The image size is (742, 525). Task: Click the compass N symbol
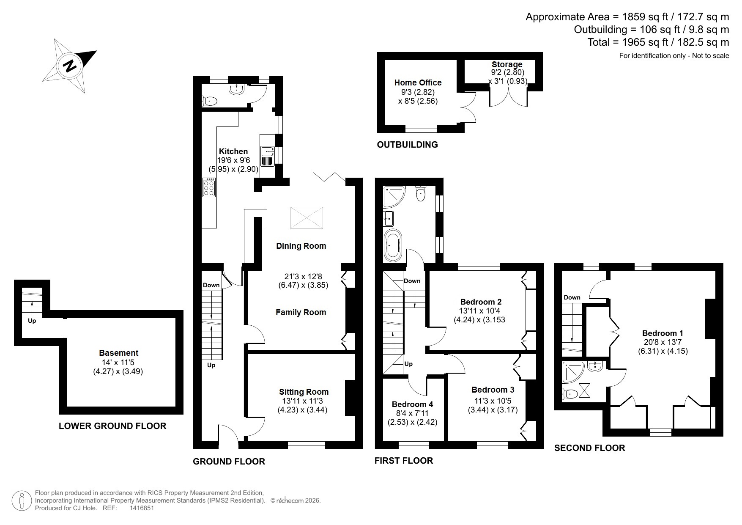pyautogui.click(x=70, y=66)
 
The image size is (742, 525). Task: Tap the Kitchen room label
pyautogui.click(x=233, y=151)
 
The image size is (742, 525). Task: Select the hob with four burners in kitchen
pyautogui.click(x=209, y=187)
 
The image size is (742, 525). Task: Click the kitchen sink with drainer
pyautogui.click(x=268, y=156)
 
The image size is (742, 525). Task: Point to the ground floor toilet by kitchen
pyautogui.click(x=210, y=101)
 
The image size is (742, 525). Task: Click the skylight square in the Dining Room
pyautogui.click(x=307, y=218)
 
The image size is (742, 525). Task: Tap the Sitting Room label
pyautogui.click(x=304, y=392)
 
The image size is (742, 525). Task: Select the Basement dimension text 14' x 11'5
pyautogui.click(x=118, y=363)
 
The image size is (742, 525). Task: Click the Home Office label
pyautogui.click(x=418, y=83)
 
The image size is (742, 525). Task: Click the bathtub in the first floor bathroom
pyautogui.click(x=393, y=245)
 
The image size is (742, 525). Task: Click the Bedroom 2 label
pyautogui.click(x=481, y=302)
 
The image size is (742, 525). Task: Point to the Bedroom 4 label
pyautogui.click(x=412, y=404)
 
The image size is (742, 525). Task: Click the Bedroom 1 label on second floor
pyautogui.click(x=663, y=333)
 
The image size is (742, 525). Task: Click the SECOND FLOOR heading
pyautogui.click(x=589, y=448)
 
